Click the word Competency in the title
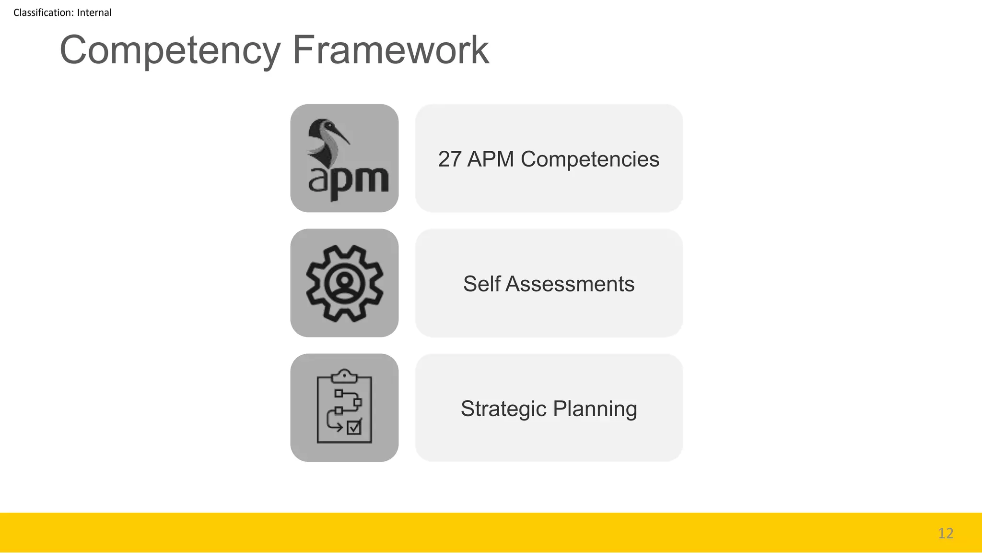170,50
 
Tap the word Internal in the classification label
94,12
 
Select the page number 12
946,533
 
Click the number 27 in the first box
449,159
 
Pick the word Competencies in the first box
590,159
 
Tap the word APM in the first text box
491,159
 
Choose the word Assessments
570,284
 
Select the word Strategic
503,409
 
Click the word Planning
595,409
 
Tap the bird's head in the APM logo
323,128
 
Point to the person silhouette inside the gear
344,283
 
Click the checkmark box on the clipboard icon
354,427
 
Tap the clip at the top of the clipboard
344,376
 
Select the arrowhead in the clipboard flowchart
340,427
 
